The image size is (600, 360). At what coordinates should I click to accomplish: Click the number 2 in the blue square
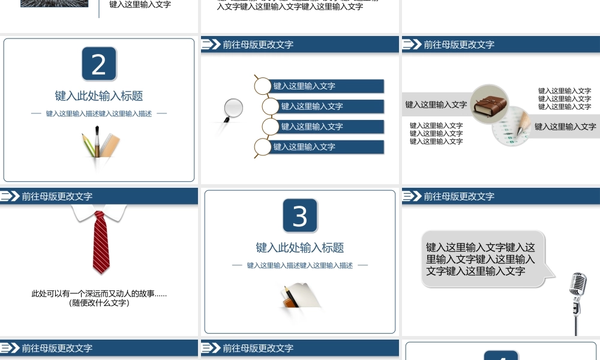[99, 64]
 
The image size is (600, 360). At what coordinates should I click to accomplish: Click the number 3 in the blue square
[300, 216]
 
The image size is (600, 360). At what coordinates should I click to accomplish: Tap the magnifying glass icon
[233, 108]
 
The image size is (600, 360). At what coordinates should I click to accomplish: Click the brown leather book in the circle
[490, 104]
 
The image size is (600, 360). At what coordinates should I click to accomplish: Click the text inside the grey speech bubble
[480, 259]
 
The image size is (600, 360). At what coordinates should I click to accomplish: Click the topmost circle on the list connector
[262, 86]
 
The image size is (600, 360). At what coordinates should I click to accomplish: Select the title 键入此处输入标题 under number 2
[99, 96]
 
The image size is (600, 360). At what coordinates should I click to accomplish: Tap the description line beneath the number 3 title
[300, 265]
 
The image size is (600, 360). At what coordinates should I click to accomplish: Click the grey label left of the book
[436, 104]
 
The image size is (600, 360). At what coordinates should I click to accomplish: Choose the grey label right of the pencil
[565, 127]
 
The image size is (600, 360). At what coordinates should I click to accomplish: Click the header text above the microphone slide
[459, 196]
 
